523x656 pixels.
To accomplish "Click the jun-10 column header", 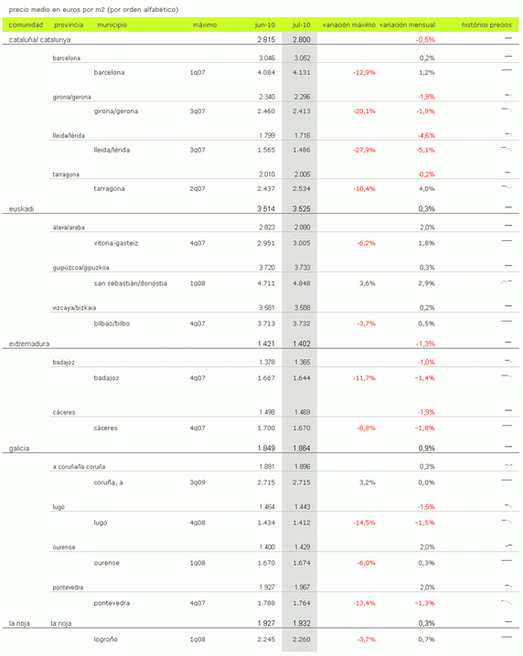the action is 264,25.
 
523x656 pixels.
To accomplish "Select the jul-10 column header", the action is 302,25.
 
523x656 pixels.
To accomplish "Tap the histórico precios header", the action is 486,25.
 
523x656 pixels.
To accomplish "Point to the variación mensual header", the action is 407,25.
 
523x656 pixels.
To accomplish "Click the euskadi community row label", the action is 22,208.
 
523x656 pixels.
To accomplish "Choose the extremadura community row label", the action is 29,344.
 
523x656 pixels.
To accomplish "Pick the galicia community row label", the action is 22,449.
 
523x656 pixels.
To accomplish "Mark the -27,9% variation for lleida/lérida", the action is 364,150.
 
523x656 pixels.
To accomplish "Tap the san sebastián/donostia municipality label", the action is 131,283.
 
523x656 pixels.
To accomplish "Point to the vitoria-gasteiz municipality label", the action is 116,243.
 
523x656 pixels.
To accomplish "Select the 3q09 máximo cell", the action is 197,481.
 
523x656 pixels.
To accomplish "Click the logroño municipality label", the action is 106,639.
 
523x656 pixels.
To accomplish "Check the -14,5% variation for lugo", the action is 364,523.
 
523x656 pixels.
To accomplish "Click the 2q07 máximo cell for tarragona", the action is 197,189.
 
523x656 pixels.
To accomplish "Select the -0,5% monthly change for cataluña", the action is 425,40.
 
